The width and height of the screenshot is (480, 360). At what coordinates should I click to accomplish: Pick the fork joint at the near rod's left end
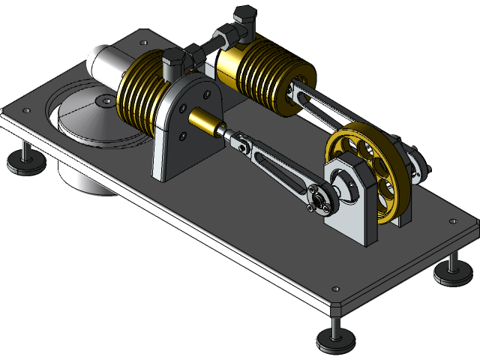coord(239,142)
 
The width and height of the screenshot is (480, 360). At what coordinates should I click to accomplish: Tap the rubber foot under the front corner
coord(332,342)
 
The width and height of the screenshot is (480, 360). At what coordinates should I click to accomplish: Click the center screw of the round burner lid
coord(103,99)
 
